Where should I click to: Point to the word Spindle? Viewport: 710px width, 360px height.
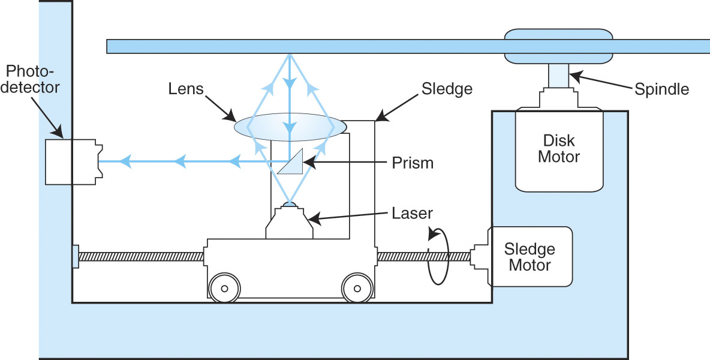(661, 89)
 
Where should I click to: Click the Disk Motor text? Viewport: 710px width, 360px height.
(559, 149)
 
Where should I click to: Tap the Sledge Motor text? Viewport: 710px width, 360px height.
(530, 256)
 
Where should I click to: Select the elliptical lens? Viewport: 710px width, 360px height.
(290, 127)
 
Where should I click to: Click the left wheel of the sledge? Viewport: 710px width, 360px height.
(224, 289)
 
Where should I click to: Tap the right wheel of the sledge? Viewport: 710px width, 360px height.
(358, 289)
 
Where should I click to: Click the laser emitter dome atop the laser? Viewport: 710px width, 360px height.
(290, 205)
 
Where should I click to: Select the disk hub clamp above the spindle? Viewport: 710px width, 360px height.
(558, 46)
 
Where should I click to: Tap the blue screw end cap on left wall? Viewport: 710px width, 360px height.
(75, 257)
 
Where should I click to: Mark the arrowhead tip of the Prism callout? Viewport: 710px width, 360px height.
(303, 162)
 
